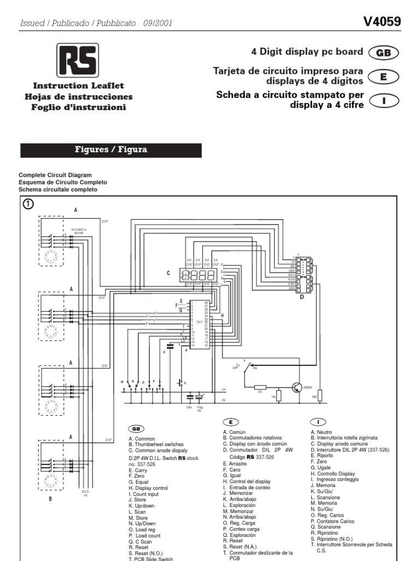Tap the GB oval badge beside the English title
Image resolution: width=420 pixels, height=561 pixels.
383,53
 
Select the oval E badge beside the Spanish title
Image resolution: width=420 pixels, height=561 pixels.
383,77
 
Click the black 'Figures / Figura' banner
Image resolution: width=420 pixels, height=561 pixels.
111,150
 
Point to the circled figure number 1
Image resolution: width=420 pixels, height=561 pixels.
28,204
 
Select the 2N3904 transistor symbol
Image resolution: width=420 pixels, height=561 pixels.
297,387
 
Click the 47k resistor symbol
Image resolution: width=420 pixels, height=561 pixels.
260,386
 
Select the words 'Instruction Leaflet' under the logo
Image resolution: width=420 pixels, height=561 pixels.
79,86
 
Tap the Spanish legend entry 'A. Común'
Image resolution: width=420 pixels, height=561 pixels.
237,432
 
